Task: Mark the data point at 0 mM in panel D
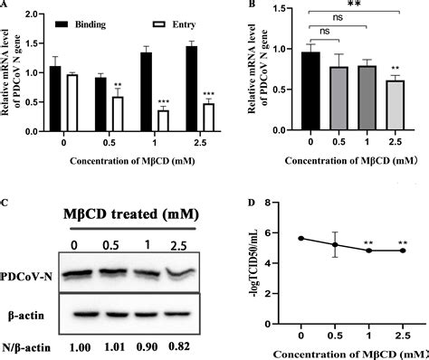[x=300, y=238]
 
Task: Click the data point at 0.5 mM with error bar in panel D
[x=338, y=244]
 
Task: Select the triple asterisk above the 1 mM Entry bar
[x=163, y=99]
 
